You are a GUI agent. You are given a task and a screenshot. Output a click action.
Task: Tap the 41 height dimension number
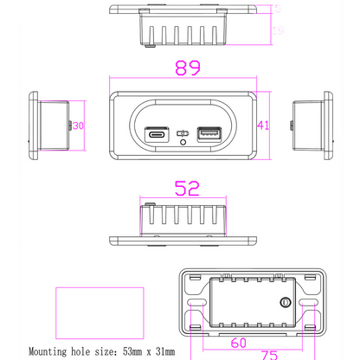pos(264,125)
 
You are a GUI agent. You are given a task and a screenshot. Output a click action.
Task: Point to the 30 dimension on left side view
pos(78,125)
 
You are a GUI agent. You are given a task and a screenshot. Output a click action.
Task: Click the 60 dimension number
pos(239,343)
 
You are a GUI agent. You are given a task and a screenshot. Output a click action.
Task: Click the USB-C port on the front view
pos(157,133)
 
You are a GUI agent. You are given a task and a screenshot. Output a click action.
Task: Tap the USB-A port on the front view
pos(209,133)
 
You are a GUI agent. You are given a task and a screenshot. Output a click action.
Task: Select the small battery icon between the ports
pos(183,133)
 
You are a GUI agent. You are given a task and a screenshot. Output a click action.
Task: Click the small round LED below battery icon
pos(183,144)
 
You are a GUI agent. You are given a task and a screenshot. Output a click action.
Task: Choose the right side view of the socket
pos(311,125)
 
